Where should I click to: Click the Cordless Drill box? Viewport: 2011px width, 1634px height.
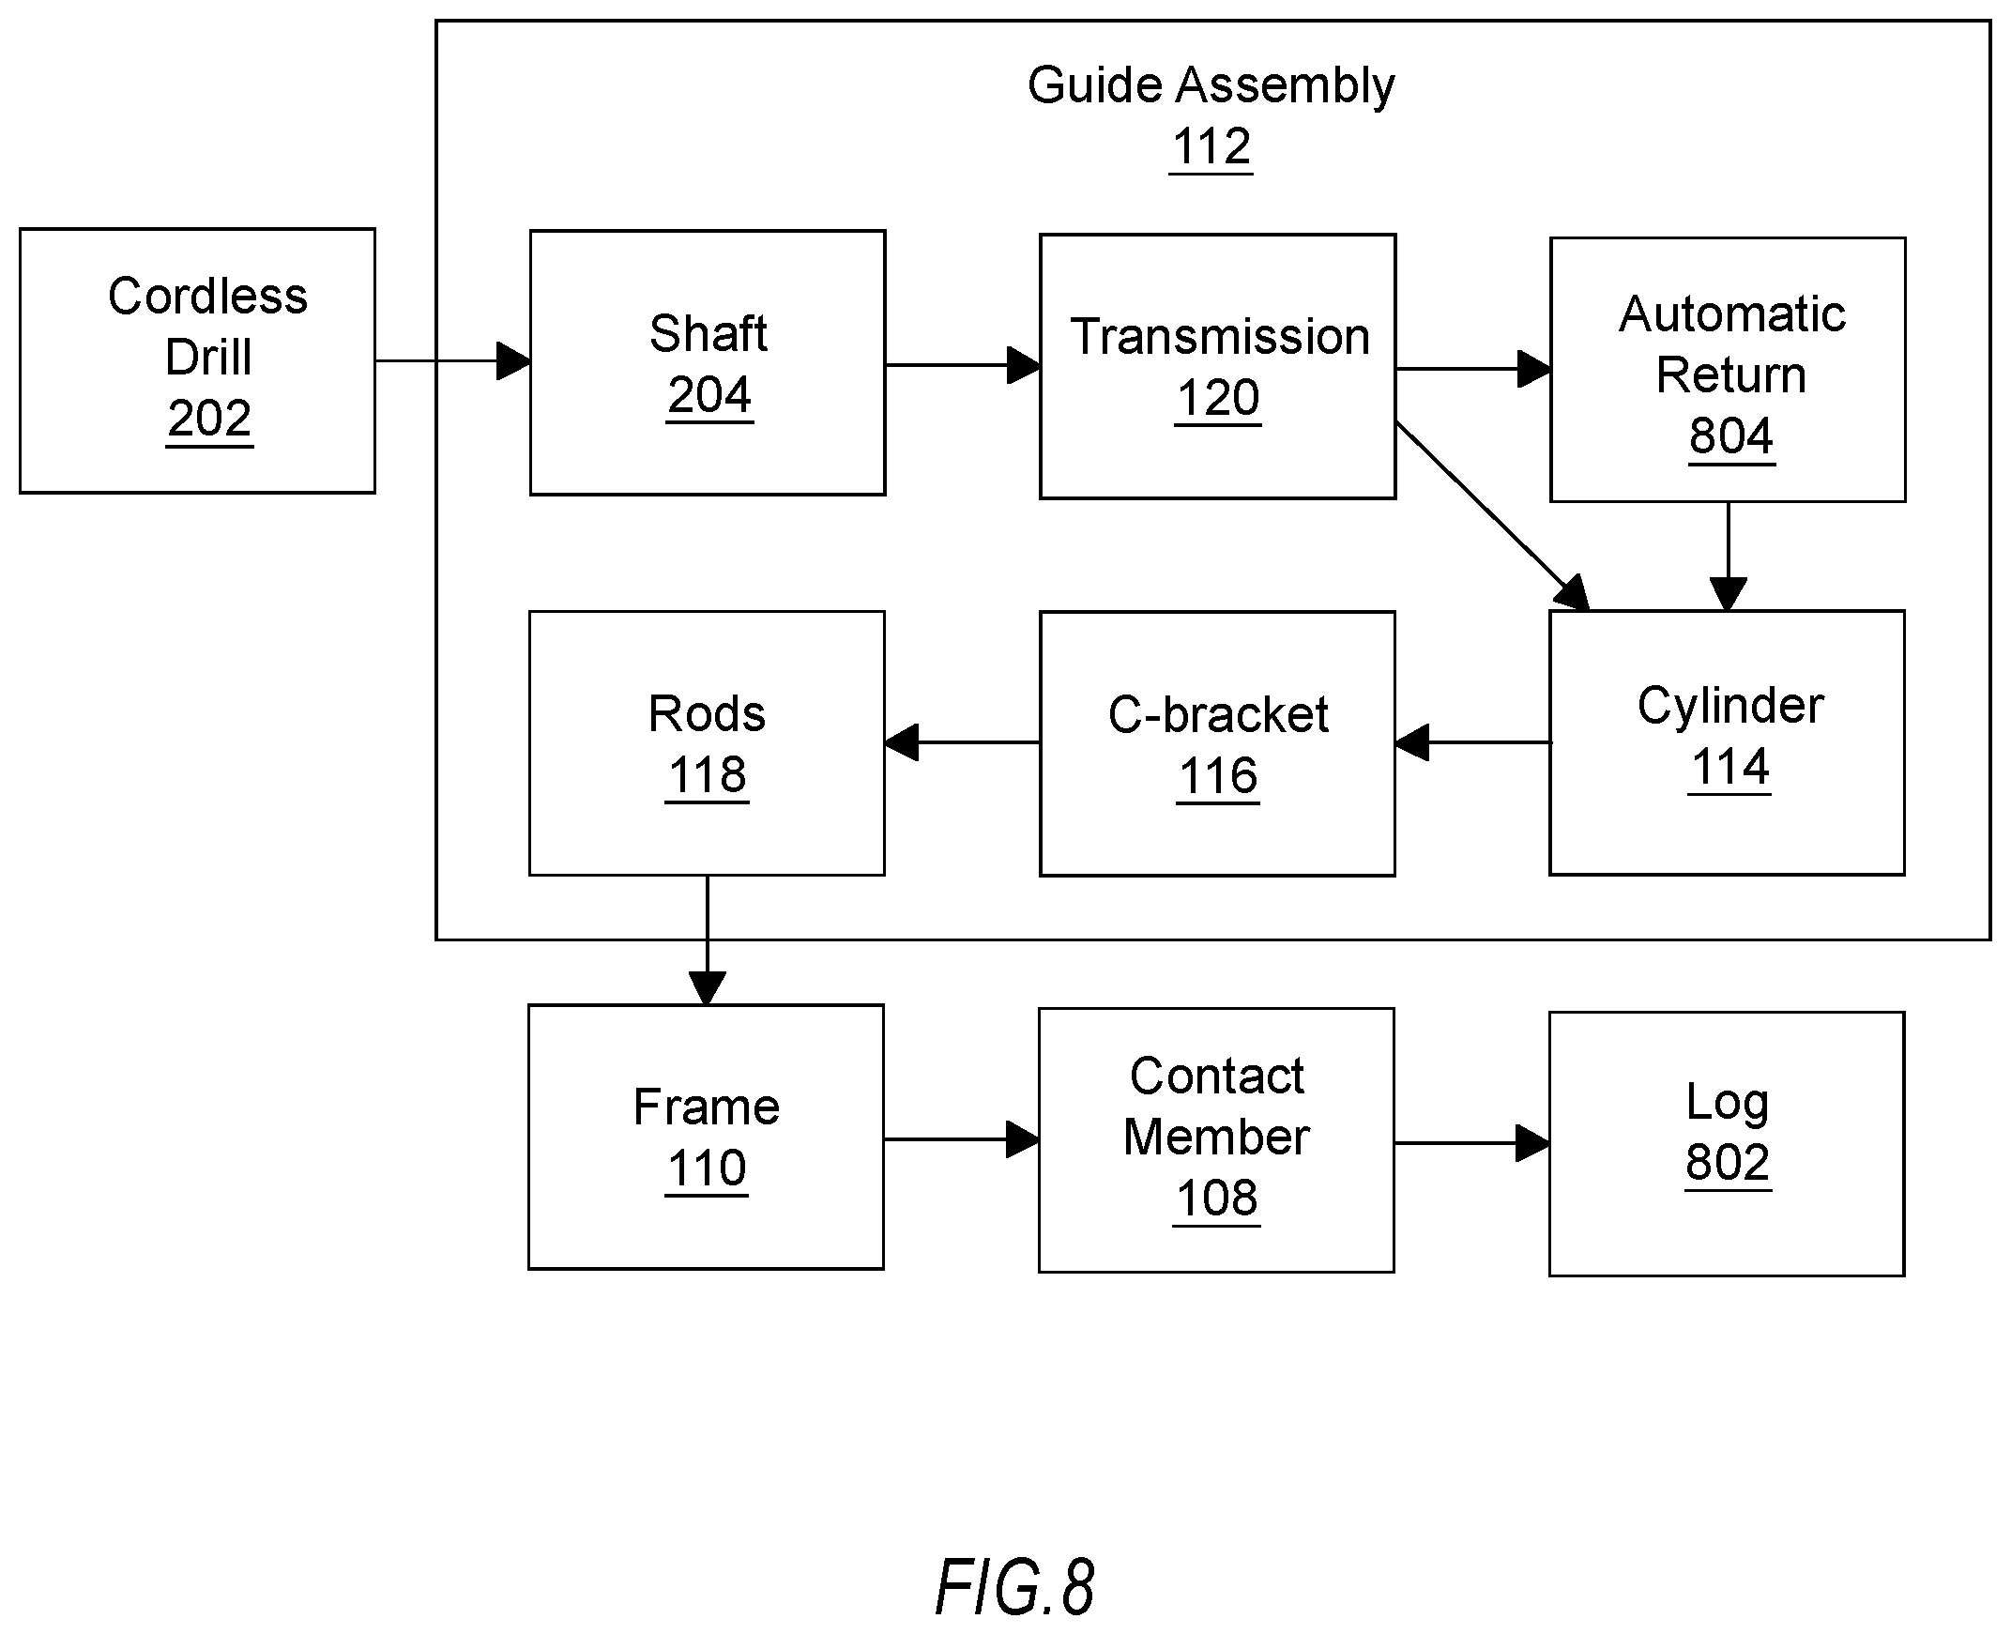pyautogui.click(x=198, y=360)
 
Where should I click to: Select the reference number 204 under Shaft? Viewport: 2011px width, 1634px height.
pyautogui.click(x=709, y=395)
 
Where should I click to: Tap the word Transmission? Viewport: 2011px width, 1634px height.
pyautogui.click(x=1220, y=336)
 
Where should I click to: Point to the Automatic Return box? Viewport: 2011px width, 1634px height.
pyautogui.click(x=1728, y=370)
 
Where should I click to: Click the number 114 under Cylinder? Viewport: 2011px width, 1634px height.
pyautogui.click(x=1729, y=767)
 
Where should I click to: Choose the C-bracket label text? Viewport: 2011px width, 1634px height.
pyautogui.click(x=1218, y=714)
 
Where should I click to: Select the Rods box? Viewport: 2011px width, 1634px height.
pyautogui.click(x=707, y=743)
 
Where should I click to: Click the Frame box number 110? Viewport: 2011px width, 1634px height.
pyautogui.click(x=707, y=1168)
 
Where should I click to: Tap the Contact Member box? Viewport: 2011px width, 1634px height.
pyautogui.click(x=1216, y=1139)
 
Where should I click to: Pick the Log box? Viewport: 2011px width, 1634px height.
pyautogui.click(x=1727, y=1143)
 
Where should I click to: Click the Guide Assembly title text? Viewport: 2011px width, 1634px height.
pyautogui.click(x=1211, y=86)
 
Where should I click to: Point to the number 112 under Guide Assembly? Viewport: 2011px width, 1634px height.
pyautogui.click(x=1211, y=147)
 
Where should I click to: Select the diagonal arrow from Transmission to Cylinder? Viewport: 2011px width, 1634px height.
pyautogui.click(x=1492, y=517)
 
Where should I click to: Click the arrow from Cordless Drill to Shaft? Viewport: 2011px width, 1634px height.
pyautogui.click(x=453, y=360)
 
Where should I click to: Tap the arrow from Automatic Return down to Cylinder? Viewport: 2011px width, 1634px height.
pyautogui.click(x=1728, y=557)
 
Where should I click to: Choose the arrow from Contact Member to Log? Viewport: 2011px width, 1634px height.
pyautogui.click(x=1471, y=1143)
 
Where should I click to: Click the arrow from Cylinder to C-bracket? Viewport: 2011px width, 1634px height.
pyautogui.click(x=1472, y=742)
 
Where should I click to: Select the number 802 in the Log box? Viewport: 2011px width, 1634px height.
pyautogui.click(x=1728, y=1163)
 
